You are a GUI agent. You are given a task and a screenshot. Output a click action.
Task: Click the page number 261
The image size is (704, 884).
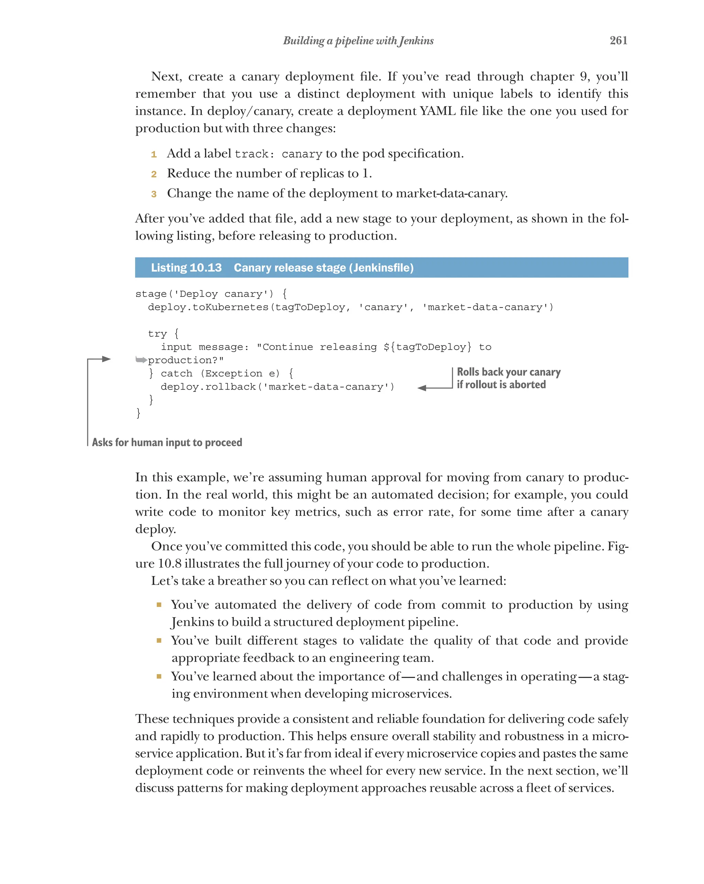[618, 40]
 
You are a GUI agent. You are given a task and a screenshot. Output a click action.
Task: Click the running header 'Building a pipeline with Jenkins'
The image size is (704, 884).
[358, 41]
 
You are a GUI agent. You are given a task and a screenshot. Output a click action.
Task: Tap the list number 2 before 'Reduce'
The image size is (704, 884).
[154, 174]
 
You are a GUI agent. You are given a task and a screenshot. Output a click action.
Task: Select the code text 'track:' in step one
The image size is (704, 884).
[252, 154]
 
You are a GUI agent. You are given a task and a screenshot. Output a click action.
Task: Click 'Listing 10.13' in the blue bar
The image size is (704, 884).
[186, 268]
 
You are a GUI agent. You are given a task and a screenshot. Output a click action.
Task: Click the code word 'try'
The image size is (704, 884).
[157, 334]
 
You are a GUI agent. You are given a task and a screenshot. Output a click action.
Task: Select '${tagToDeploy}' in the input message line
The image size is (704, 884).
[427, 347]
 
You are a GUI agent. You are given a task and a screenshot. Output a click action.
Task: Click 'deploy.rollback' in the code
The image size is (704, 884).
[208, 387]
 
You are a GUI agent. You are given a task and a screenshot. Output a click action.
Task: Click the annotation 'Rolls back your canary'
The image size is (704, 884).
[508, 372]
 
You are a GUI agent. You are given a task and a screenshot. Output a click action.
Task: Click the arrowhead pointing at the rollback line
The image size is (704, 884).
[422, 388]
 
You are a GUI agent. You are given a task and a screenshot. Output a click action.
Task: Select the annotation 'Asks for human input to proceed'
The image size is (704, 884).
[167, 443]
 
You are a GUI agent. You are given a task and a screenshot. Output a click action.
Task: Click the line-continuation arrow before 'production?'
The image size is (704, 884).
[141, 360]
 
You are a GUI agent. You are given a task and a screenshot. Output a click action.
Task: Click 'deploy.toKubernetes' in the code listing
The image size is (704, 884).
[208, 307]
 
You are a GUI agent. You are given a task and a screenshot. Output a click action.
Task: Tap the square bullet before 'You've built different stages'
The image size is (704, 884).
[159, 640]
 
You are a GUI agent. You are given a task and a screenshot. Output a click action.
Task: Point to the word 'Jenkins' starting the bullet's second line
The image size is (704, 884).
[192, 622]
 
